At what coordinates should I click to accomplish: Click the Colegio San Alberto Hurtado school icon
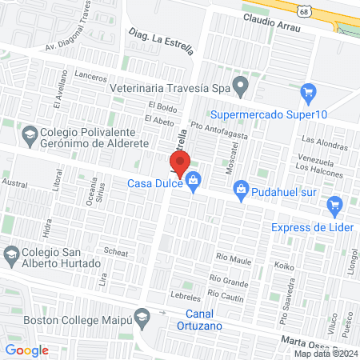click(11, 257)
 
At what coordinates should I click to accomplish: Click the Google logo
click(26, 350)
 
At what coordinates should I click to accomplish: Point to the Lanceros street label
click(90, 77)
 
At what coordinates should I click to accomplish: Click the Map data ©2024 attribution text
click(326, 354)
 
